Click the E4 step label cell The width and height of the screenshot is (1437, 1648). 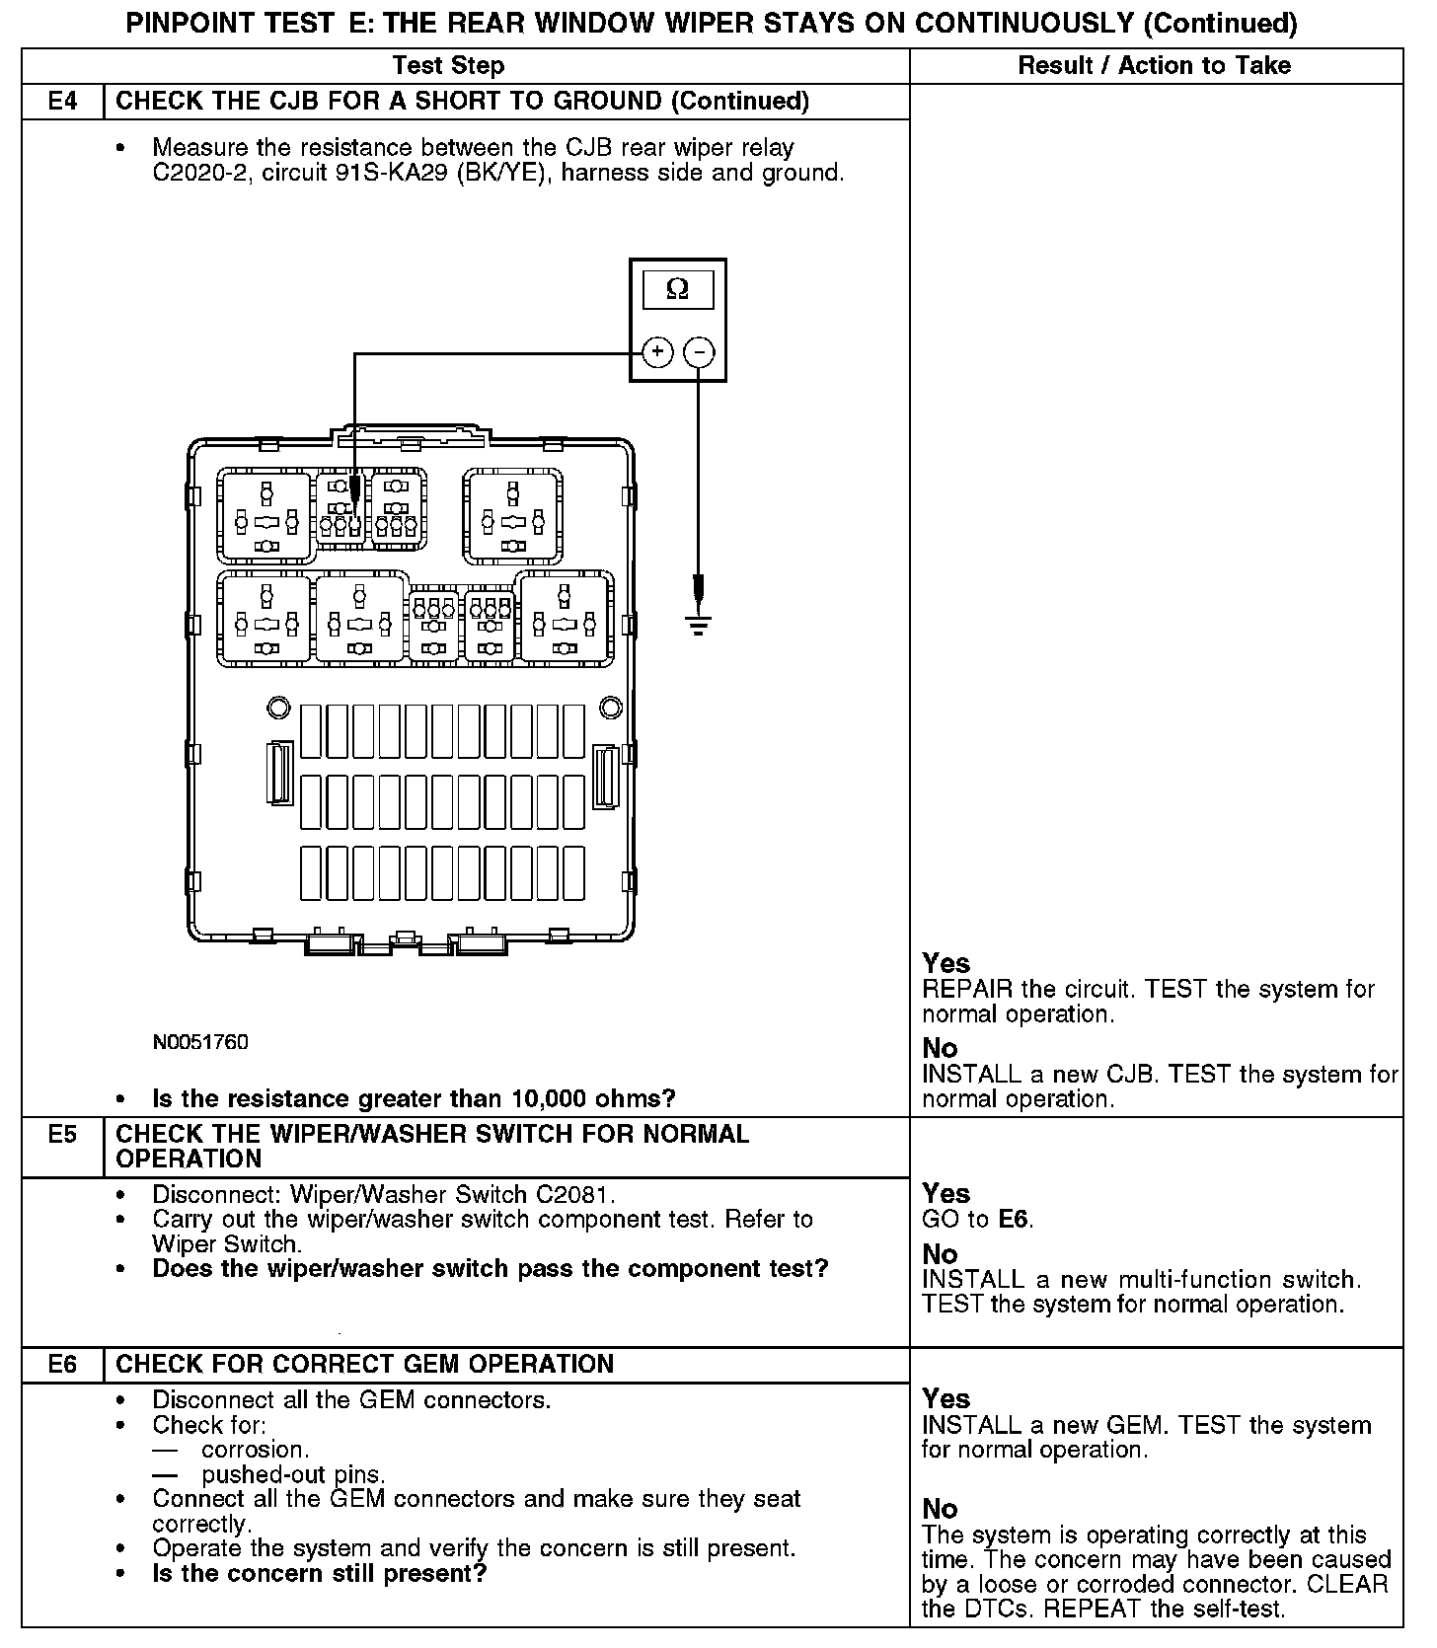pos(62,102)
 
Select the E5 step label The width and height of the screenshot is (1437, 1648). pos(62,1134)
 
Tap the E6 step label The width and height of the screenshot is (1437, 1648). pos(62,1364)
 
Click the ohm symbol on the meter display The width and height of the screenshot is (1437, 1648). pos(677,289)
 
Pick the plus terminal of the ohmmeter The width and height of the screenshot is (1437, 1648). pos(657,352)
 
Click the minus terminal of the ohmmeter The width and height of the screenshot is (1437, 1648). pos(699,352)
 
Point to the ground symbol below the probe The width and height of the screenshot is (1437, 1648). pos(699,624)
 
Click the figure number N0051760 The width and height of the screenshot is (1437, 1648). pos(200,1042)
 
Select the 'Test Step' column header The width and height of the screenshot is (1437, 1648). pos(448,66)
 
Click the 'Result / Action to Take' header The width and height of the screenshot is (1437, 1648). pos(1154,66)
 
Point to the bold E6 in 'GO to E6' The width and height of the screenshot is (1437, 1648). pos(1014,1219)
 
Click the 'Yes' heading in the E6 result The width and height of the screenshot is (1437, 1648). pos(945,1398)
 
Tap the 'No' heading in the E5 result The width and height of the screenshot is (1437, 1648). pos(940,1254)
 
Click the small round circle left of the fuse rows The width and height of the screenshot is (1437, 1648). pos(278,707)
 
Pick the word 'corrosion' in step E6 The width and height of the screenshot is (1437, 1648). pos(254,1450)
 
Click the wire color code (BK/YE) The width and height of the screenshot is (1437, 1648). pos(499,174)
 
